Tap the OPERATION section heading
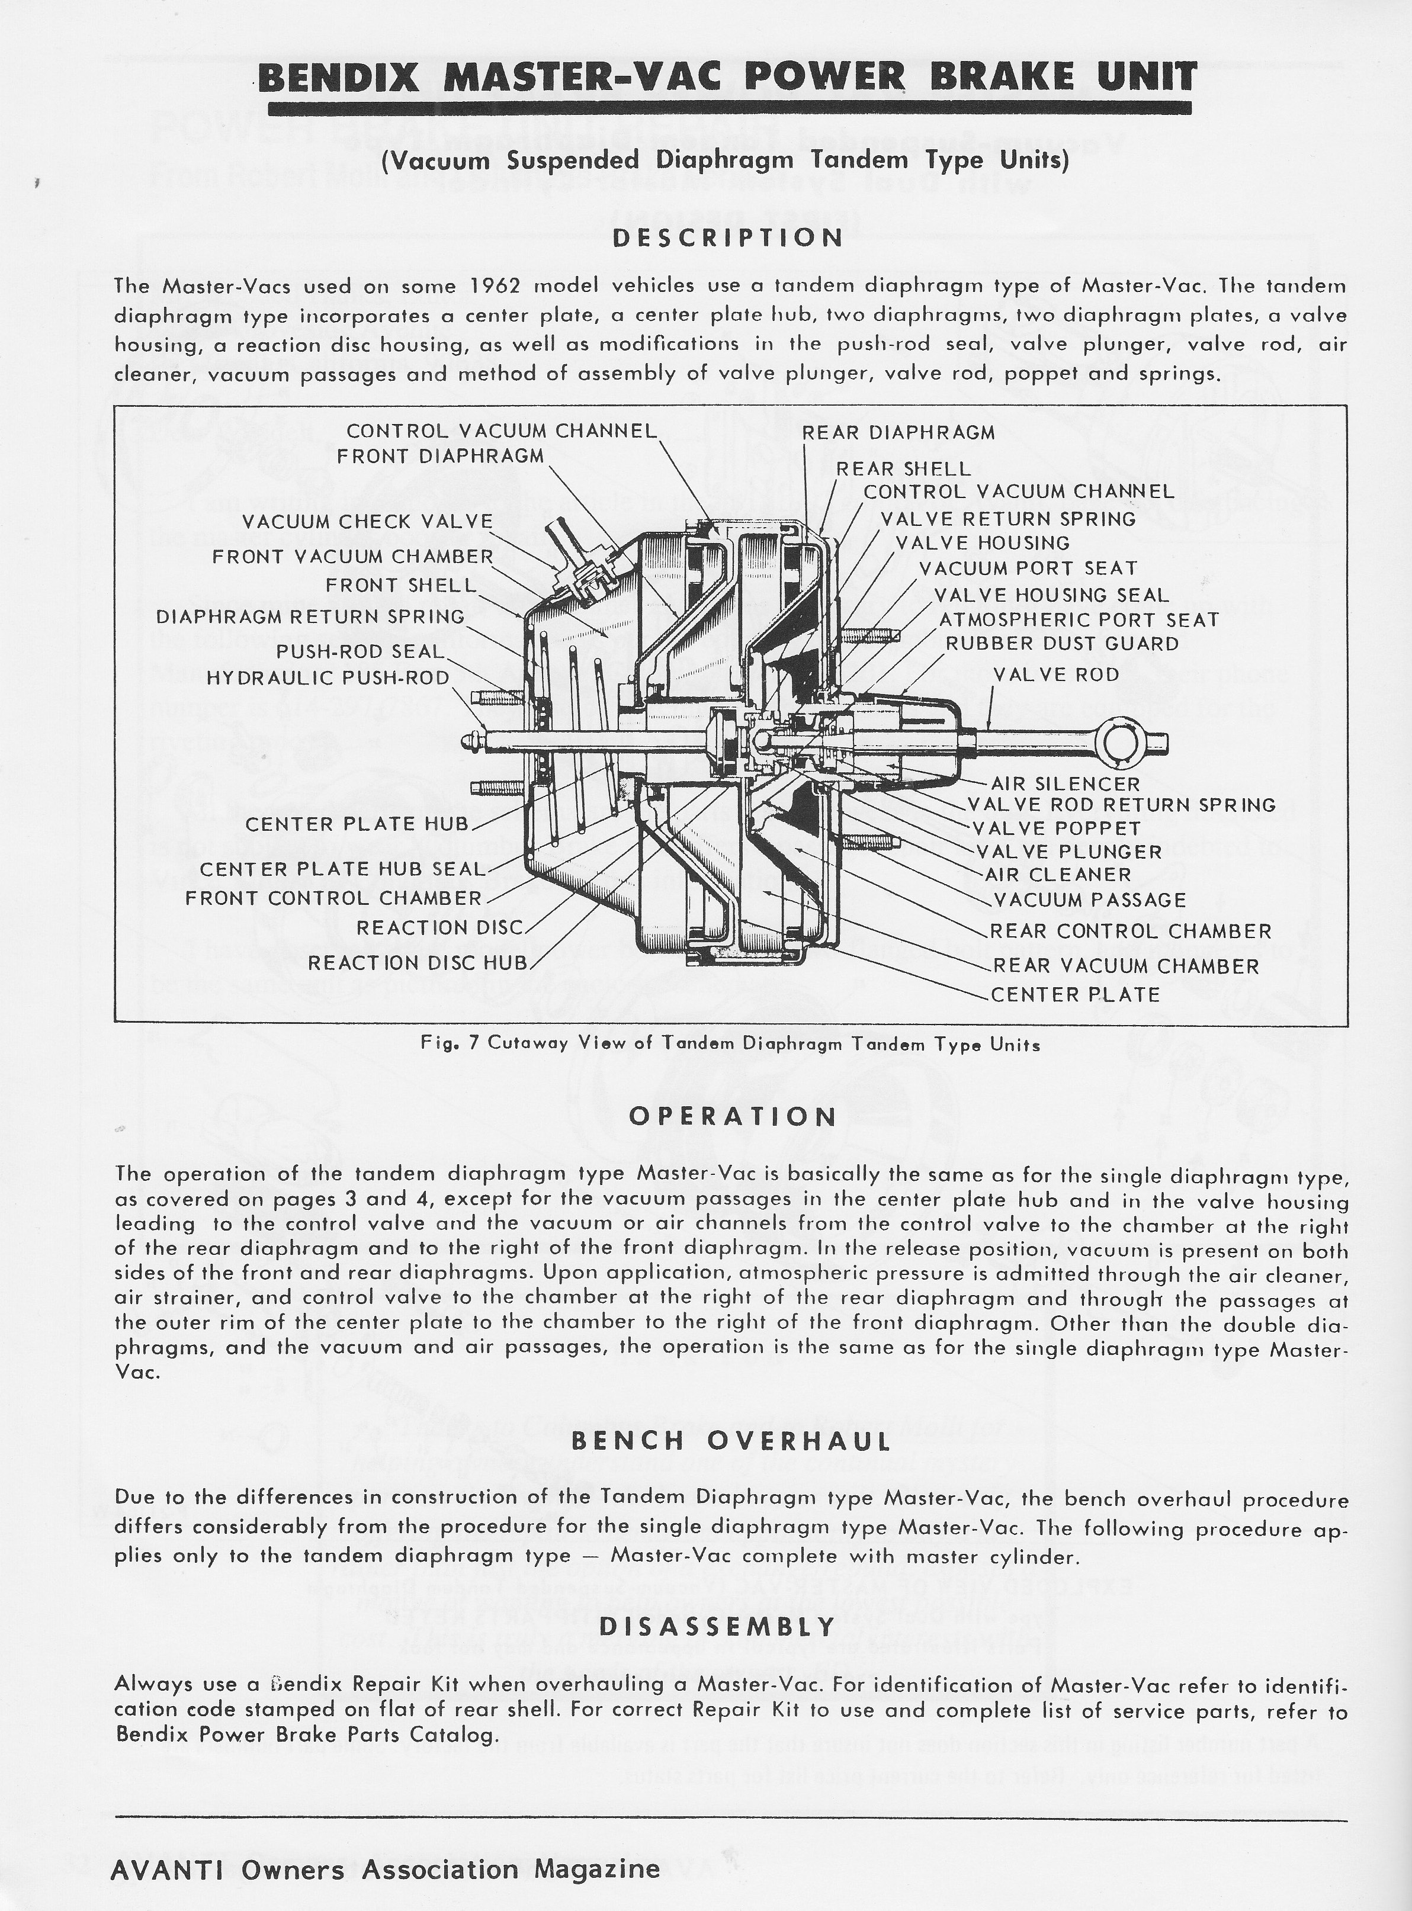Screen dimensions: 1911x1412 click(733, 1117)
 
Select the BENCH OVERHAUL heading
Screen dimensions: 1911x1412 click(731, 1441)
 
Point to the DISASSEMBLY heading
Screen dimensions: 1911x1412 click(717, 1626)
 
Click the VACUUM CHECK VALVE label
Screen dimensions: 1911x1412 click(368, 521)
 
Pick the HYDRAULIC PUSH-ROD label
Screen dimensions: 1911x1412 click(328, 677)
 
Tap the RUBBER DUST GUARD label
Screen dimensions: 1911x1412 click(1061, 644)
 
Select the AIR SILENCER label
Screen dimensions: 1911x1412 click(1065, 783)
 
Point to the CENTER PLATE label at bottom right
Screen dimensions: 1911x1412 click(1075, 995)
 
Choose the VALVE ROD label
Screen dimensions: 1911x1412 click(1055, 675)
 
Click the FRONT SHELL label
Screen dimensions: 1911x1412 click(400, 586)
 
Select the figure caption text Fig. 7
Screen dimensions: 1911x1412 click(730, 1045)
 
